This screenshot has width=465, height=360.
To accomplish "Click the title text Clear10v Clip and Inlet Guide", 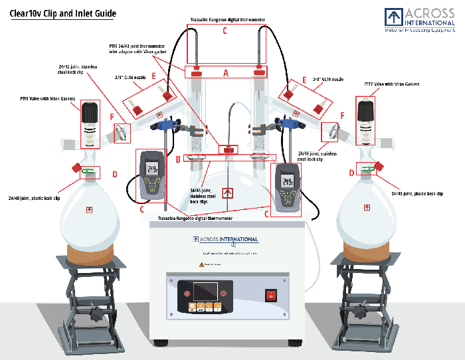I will (62, 13).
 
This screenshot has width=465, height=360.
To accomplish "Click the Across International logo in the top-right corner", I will (420, 19).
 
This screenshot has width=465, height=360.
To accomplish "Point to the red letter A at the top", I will (226, 74).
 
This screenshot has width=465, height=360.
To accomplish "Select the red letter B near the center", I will (178, 159).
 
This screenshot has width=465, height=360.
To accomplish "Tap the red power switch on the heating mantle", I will (271, 296).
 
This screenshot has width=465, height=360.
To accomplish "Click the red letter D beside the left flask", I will (114, 174).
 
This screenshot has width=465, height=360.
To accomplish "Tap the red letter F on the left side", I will (112, 117).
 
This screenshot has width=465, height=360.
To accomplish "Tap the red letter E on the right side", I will (304, 80).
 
